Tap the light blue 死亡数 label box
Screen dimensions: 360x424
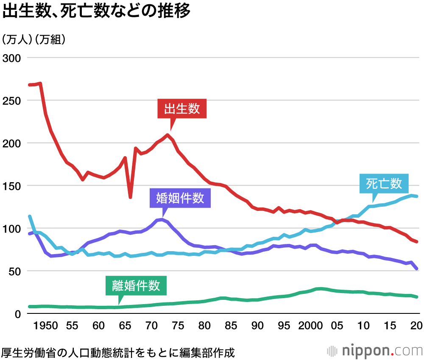(x=384, y=184)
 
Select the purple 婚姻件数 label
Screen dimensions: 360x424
(x=180, y=198)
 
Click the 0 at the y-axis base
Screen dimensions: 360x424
(x=18, y=314)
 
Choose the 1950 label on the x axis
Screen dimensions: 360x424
(x=46, y=326)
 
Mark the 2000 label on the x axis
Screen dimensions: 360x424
(x=311, y=326)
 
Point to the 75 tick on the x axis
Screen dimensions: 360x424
(x=179, y=326)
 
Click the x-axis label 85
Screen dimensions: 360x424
(x=232, y=326)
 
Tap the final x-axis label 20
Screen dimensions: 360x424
(x=416, y=326)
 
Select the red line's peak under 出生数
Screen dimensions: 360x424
(x=168, y=135)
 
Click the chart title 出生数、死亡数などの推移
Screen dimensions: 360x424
(x=96, y=12)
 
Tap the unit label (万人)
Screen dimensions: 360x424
(x=17, y=40)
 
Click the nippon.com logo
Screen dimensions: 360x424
(x=375, y=351)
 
